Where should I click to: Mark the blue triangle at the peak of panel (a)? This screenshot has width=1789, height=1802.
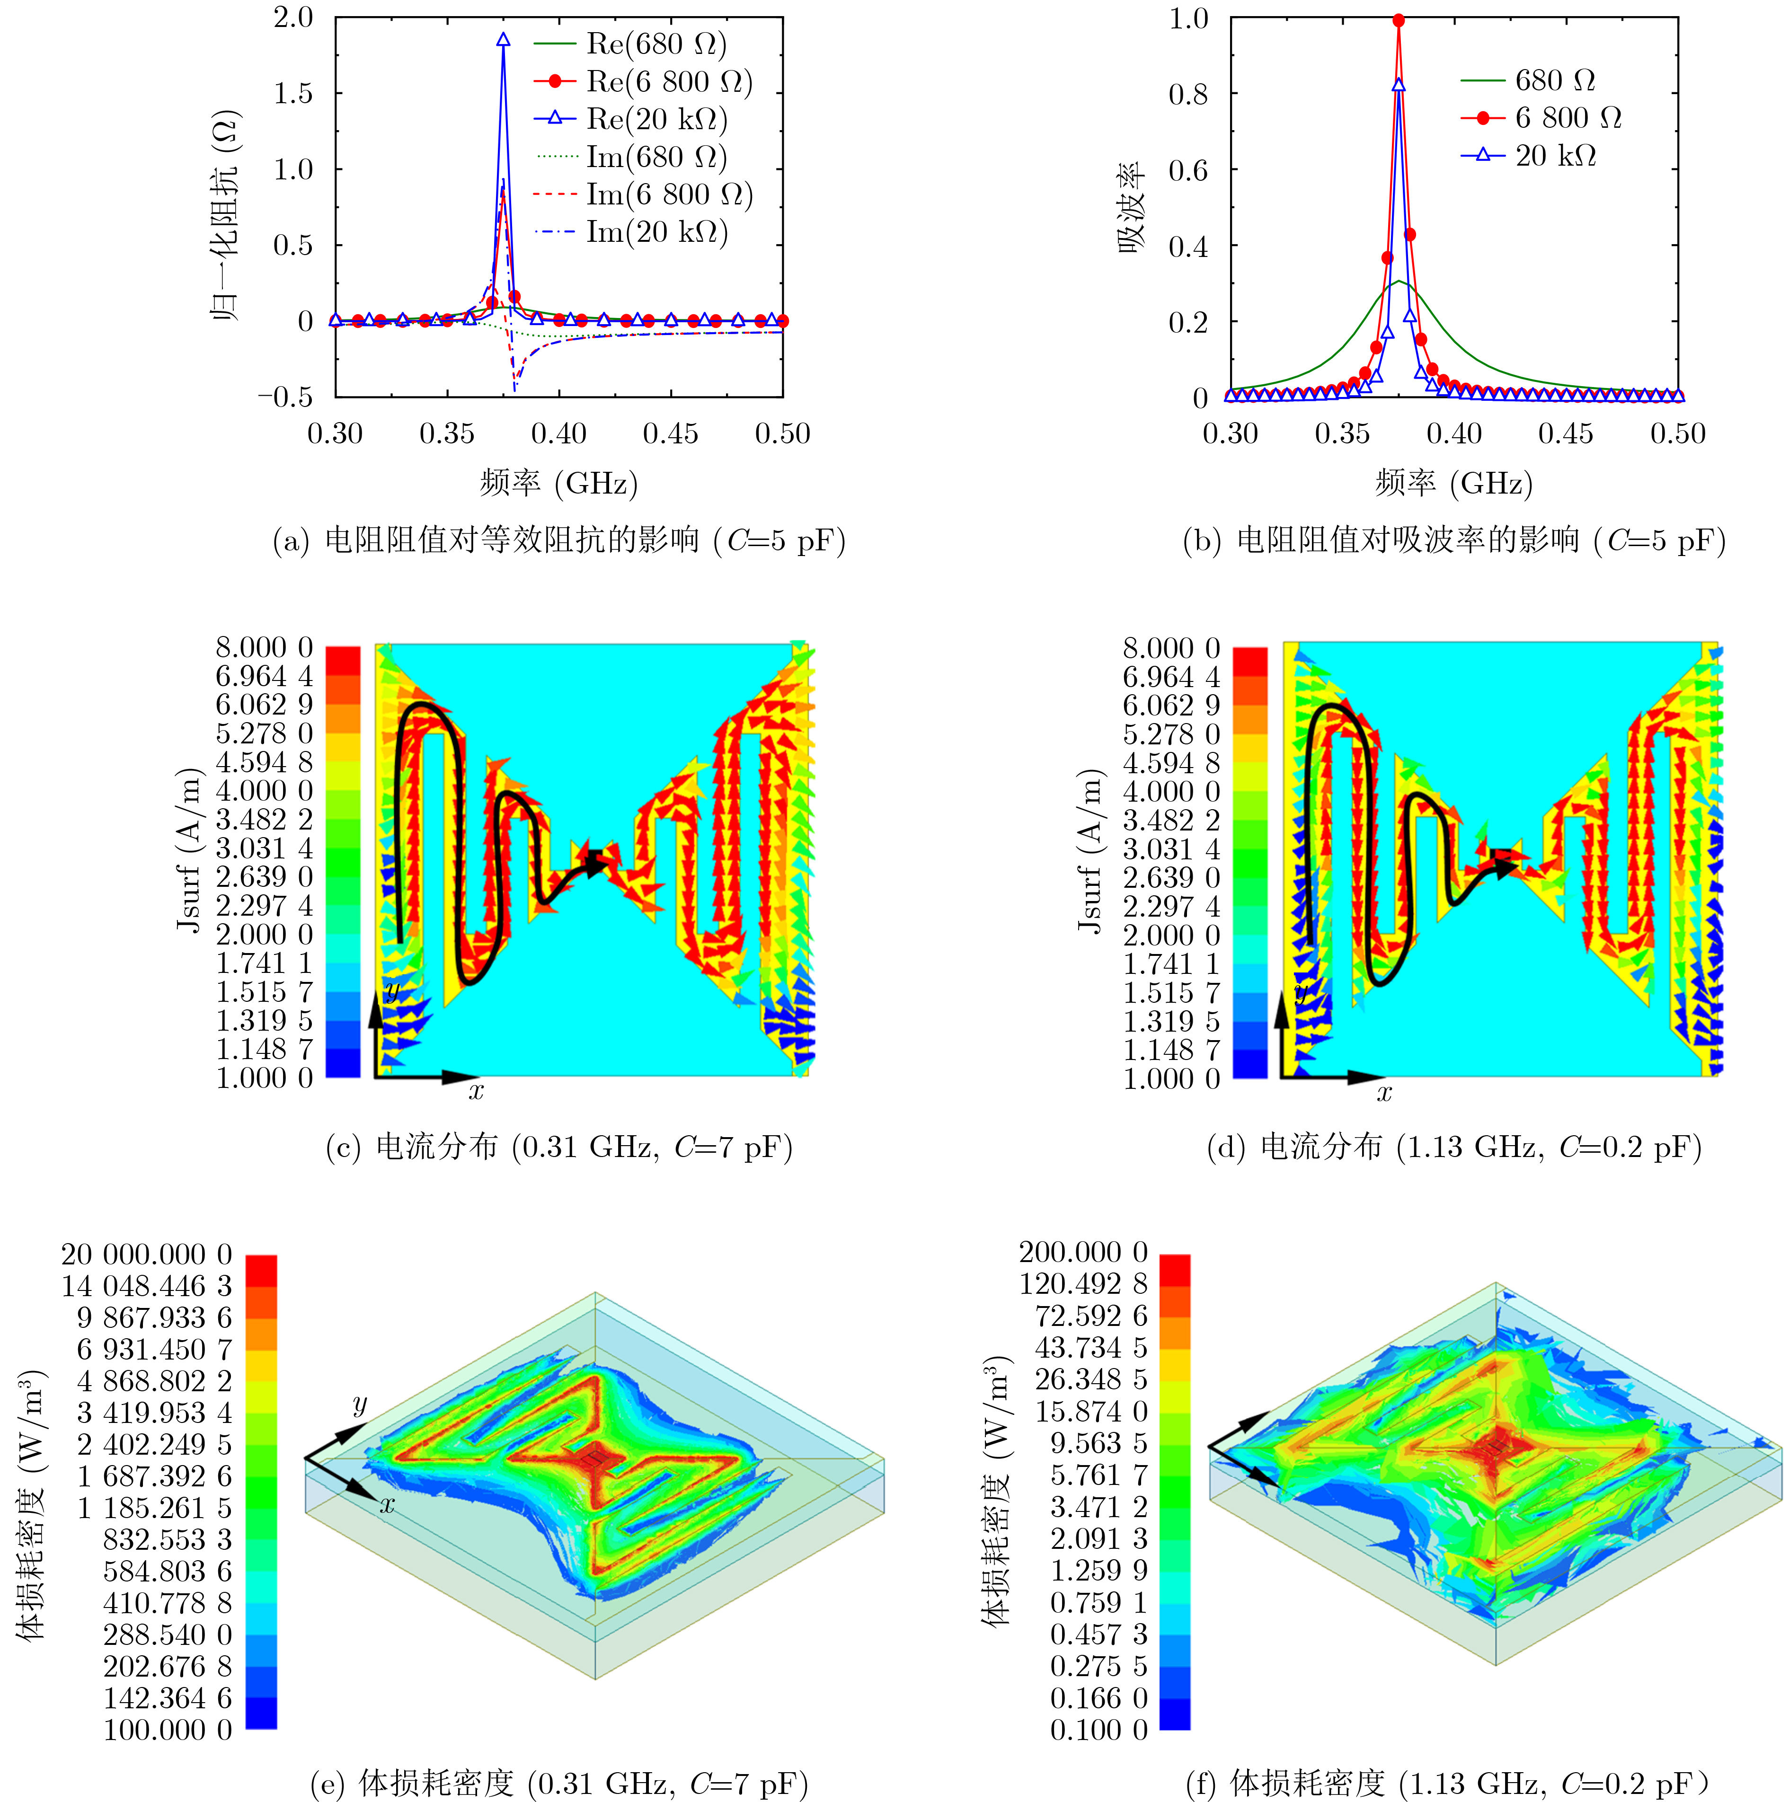pos(504,40)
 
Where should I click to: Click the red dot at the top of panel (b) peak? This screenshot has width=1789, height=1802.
pos(1398,19)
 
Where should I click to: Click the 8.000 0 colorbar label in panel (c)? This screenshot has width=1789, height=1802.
pos(264,647)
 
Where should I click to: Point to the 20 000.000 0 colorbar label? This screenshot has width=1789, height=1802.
pos(146,1254)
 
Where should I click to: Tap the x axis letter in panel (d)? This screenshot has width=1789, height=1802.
pos(1384,1092)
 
